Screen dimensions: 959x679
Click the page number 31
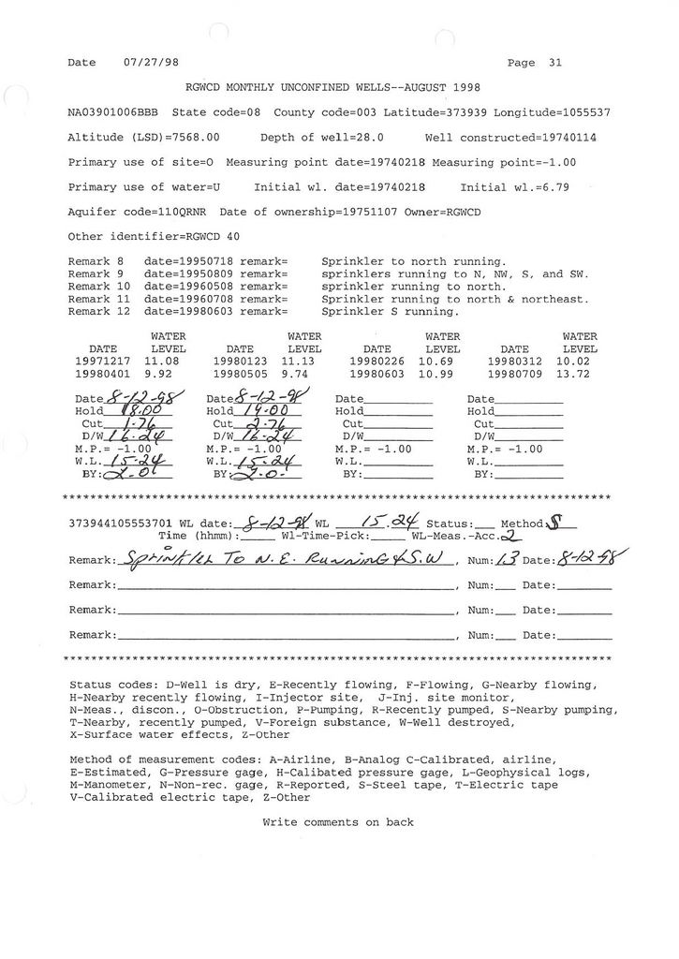pos(555,63)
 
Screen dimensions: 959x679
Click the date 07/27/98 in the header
pos(151,63)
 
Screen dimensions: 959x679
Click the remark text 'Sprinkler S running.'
pos(391,311)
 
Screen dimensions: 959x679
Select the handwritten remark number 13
pos(506,560)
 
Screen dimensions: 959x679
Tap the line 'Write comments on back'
pos(338,822)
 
